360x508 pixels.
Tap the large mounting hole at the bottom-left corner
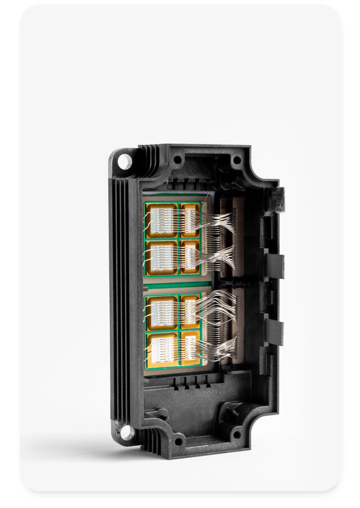pos(127,431)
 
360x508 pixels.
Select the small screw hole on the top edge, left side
pos(178,159)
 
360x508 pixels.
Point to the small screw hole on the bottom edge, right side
pos(237,434)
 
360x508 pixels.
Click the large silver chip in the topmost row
pos(162,221)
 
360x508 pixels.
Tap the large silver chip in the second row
pos(162,257)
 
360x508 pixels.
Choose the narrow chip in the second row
pos(190,257)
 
